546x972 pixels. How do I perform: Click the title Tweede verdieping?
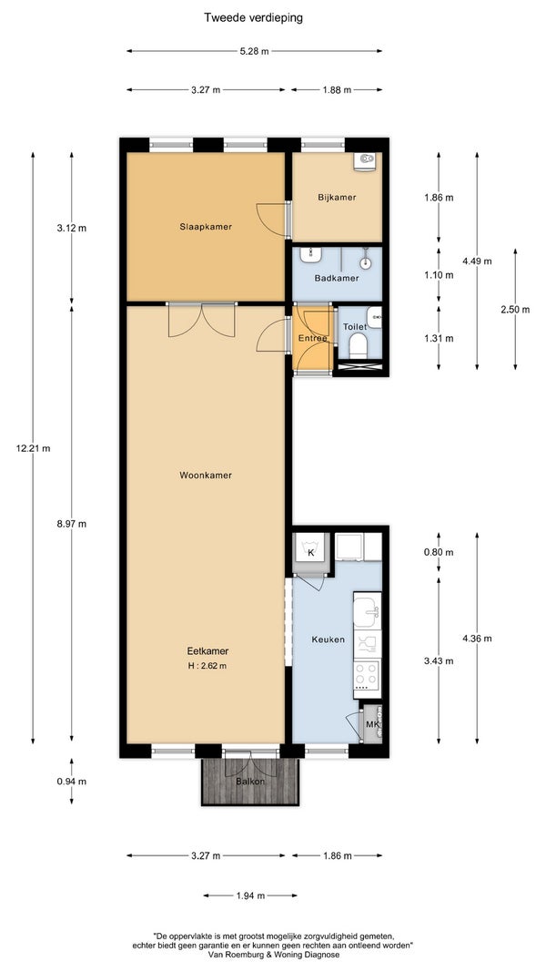click(x=254, y=18)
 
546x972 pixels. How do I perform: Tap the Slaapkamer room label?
click(x=207, y=227)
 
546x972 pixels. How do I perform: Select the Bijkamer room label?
click(x=337, y=198)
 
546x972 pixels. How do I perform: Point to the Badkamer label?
click(x=336, y=279)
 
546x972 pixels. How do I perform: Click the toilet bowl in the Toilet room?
click(x=359, y=345)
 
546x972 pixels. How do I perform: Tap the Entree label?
click(x=313, y=339)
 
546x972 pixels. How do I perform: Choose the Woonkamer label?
click(x=207, y=476)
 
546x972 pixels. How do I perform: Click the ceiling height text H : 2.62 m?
click(x=207, y=667)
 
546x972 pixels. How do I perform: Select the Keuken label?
click(x=329, y=639)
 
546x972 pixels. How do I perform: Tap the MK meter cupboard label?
click(x=372, y=723)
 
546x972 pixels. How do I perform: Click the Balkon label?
click(x=250, y=782)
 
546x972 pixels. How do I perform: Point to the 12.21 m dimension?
click(x=34, y=448)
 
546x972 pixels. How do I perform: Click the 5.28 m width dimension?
click(x=254, y=51)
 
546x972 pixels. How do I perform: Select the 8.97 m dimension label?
click(x=71, y=524)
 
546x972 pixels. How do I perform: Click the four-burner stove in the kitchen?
click(x=367, y=676)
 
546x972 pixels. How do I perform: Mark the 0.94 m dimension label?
click(x=71, y=782)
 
